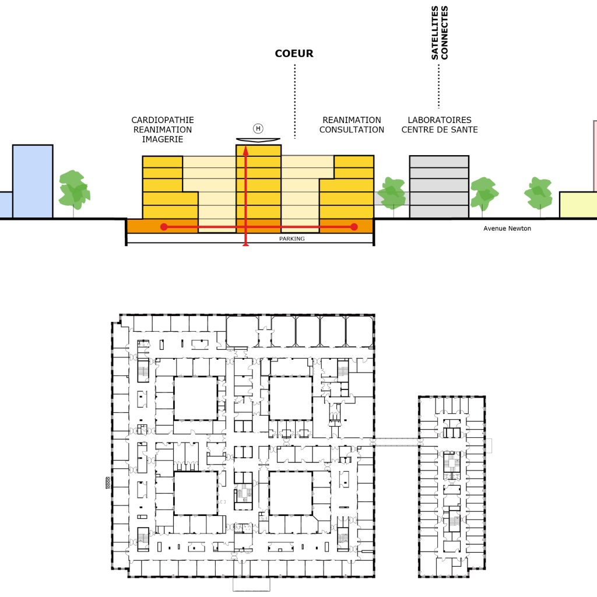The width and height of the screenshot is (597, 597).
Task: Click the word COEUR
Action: point(294,53)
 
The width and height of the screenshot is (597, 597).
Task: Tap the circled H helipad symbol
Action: point(258,129)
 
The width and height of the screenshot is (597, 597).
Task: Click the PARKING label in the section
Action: point(292,238)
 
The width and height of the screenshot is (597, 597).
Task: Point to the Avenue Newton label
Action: point(507,229)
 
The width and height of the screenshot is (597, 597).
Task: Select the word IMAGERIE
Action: point(163,139)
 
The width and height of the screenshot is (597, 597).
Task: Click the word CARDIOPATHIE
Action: point(163,120)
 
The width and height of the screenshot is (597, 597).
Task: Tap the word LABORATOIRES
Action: point(440,120)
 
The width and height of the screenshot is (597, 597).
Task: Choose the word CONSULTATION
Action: point(352,130)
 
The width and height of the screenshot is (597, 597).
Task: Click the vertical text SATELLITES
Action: point(434,33)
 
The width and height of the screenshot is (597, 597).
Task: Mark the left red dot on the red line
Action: point(164,227)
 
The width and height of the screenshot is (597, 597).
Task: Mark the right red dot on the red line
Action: point(354,227)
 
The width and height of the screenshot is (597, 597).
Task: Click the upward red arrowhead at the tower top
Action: point(245,150)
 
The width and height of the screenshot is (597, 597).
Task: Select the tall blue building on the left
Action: point(33,181)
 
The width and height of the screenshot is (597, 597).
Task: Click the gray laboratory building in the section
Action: point(439,187)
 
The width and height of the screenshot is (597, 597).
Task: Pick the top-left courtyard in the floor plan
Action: point(196,398)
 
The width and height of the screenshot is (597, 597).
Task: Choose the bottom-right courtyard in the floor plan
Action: point(291,493)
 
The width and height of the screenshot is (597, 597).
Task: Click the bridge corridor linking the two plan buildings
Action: point(396,443)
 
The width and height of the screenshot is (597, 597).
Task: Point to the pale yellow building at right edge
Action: point(578,205)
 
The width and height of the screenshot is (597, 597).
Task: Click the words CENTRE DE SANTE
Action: point(440,130)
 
